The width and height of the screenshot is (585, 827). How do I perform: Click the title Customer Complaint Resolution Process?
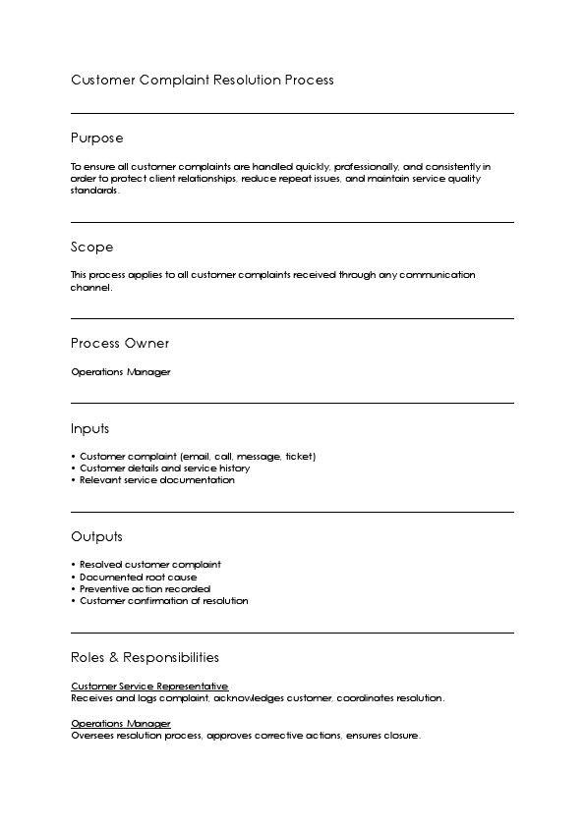click(x=202, y=80)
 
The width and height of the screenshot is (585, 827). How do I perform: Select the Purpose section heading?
click(x=96, y=138)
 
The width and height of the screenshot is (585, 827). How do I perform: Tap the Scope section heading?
click(x=91, y=247)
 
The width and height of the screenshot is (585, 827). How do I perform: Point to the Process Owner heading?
click(x=120, y=343)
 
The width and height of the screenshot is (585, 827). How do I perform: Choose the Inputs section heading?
click(x=89, y=428)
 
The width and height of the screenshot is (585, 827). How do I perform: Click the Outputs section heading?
click(x=96, y=536)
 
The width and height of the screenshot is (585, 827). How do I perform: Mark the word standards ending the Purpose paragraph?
click(x=94, y=191)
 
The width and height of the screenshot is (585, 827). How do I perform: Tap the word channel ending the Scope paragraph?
click(x=90, y=288)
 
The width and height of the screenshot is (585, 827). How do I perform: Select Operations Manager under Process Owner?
click(x=120, y=372)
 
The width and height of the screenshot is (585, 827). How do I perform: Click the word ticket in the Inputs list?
click(x=299, y=457)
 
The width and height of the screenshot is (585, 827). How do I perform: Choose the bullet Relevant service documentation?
click(x=156, y=480)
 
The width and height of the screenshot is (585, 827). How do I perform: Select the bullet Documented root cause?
click(x=138, y=577)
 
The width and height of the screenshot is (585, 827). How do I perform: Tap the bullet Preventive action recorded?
click(x=145, y=588)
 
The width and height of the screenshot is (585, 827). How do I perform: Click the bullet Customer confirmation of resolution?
click(x=163, y=600)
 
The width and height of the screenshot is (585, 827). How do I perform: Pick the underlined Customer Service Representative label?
click(x=149, y=686)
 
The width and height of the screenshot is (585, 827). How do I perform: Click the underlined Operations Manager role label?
click(x=120, y=723)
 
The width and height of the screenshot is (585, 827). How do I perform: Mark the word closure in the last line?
click(x=403, y=735)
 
